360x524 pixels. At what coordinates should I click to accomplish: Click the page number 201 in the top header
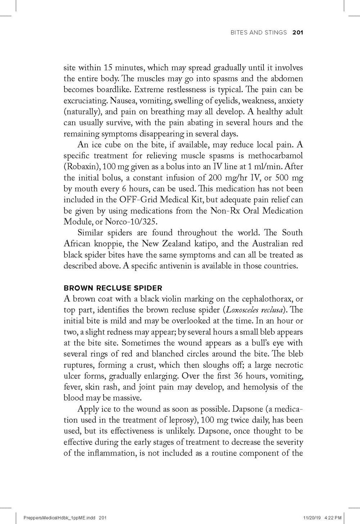tap(298, 33)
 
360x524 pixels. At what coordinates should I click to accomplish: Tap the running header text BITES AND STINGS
tap(258, 33)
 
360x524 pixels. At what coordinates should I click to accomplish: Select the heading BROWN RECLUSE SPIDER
tap(113, 288)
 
